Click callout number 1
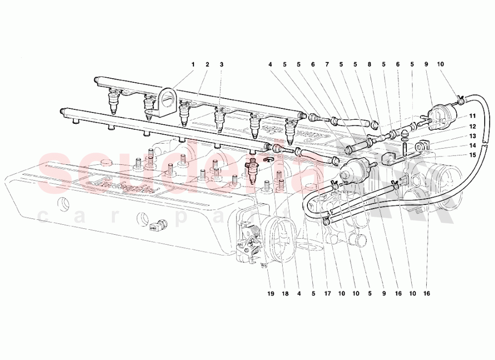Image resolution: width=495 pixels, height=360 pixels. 194,64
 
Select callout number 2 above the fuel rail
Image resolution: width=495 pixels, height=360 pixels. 207,64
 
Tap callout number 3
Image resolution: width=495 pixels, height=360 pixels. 222,64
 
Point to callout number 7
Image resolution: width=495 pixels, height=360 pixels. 327,64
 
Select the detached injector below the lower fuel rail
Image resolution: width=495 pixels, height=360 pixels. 253,171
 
